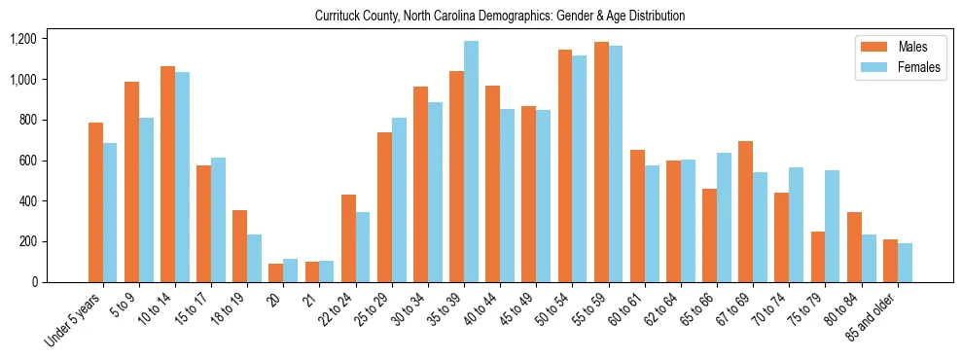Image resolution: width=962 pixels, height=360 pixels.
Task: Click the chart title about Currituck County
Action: click(500, 17)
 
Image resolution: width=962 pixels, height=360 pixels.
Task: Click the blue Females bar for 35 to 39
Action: click(471, 162)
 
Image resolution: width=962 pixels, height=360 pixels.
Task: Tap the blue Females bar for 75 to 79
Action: click(832, 226)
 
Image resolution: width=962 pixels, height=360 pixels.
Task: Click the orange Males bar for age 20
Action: click(276, 272)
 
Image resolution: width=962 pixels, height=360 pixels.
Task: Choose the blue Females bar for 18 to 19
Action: click(254, 258)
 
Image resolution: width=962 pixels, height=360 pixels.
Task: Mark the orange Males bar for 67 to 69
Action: click(745, 211)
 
